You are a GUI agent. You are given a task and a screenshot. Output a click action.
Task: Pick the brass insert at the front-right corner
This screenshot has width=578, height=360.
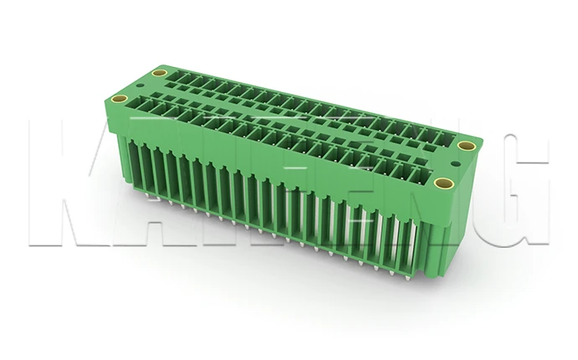point(445,183)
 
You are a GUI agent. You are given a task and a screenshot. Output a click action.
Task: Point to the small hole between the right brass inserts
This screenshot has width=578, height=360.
point(455,165)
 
